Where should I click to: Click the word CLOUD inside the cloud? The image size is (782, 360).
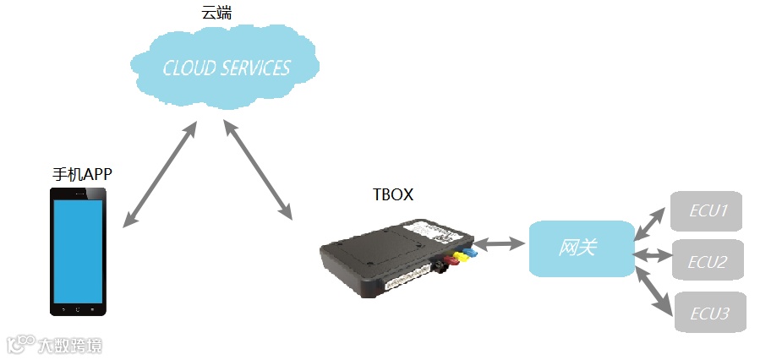(189, 68)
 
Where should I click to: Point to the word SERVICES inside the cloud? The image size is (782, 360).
(254, 68)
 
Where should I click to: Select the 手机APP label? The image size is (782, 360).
(81, 174)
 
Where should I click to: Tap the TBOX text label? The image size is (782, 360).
(393, 194)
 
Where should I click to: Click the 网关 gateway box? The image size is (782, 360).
(580, 248)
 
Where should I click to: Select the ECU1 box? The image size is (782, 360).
(707, 211)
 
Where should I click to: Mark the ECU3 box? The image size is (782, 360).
(710, 313)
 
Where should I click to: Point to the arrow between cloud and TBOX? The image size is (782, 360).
(257, 169)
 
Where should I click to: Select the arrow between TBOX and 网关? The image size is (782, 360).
(501, 245)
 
